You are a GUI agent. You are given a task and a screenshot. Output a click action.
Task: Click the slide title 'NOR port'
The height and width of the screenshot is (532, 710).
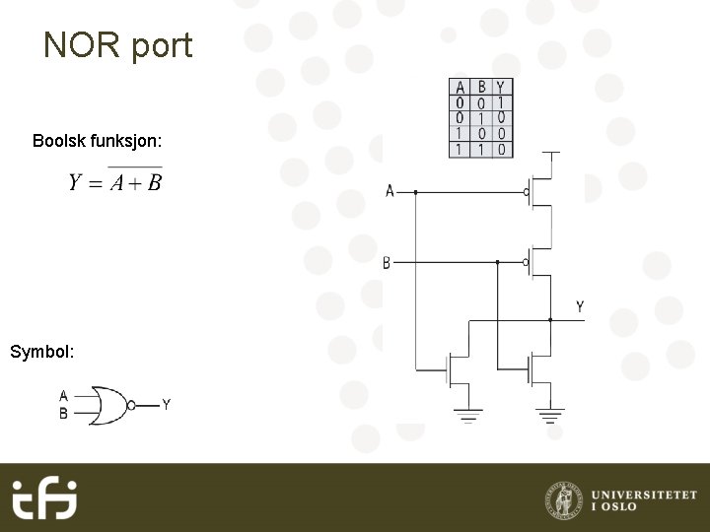coord(118,45)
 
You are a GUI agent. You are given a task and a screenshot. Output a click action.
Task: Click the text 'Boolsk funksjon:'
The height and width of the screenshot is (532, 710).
coord(98,141)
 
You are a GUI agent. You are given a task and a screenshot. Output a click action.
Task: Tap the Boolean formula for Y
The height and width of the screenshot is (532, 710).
coord(115,182)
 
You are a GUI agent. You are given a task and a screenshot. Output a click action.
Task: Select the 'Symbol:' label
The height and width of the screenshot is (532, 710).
coord(42,351)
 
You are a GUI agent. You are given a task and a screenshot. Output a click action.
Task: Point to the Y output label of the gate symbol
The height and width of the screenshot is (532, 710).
coord(166,404)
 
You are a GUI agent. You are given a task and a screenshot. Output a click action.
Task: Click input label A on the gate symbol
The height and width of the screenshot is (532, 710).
coord(63,395)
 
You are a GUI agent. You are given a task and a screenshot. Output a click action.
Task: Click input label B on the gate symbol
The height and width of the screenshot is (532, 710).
coord(63,414)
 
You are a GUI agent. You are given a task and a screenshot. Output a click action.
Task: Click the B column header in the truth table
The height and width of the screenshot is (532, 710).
coord(481,88)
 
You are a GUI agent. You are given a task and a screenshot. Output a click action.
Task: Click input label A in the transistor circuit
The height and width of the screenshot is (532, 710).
coord(390,191)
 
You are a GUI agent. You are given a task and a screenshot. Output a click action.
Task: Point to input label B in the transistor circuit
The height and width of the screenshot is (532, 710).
coord(387,262)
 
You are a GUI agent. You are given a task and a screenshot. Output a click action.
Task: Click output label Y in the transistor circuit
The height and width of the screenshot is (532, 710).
coord(580,306)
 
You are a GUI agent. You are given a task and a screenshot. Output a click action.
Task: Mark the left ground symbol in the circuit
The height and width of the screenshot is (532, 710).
coord(467,414)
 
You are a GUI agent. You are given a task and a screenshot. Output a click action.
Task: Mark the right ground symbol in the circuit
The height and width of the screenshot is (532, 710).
coord(551,414)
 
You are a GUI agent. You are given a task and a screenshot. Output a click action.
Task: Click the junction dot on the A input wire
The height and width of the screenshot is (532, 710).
coord(415,192)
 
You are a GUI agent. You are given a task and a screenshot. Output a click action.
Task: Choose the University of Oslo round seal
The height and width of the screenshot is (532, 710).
coord(563,499)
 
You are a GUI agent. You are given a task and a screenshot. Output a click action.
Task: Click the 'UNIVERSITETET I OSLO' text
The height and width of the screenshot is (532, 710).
coord(643,500)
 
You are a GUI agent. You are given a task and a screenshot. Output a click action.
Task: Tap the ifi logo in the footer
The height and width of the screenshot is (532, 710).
coord(44,499)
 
